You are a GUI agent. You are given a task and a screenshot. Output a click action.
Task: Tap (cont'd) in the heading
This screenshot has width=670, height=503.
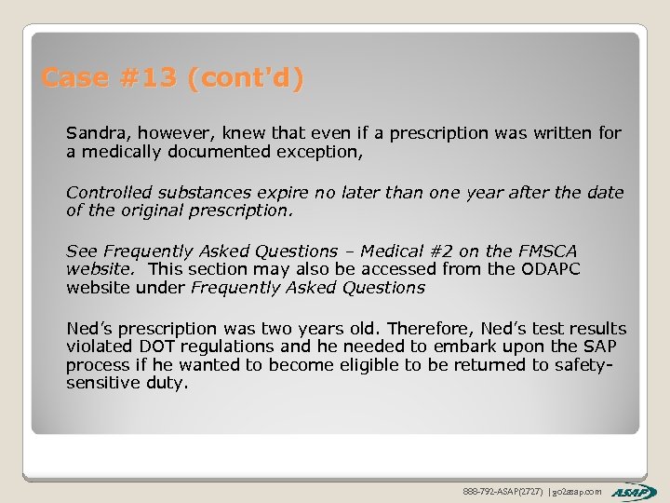(245, 78)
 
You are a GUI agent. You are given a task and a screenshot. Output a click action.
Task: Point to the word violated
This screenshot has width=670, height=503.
(98, 347)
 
